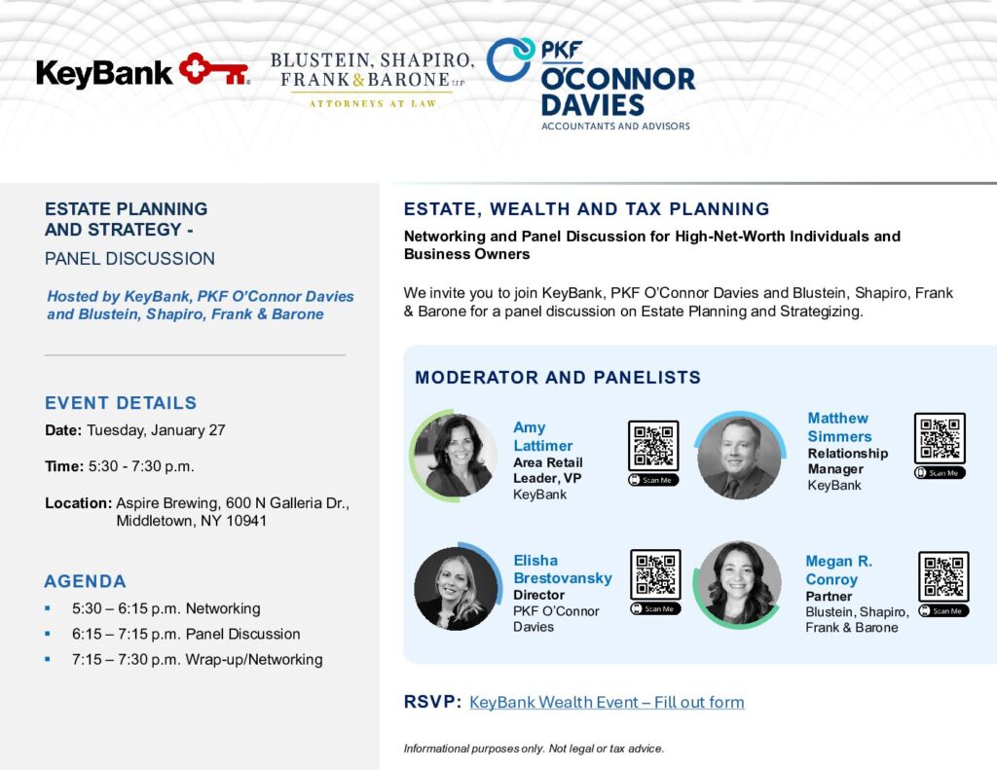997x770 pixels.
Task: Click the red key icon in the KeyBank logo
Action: pyautogui.click(x=213, y=69)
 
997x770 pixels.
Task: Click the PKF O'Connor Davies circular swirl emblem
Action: pyautogui.click(x=510, y=59)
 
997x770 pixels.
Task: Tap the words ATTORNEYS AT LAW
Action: pyautogui.click(x=373, y=103)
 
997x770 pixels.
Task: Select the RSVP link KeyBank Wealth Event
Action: pyautogui.click(x=607, y=702)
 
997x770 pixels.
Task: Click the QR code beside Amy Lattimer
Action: pyautogui.click(x=653, y=445)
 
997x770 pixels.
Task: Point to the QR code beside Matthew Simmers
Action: pyautogui.click(x=940, y=438)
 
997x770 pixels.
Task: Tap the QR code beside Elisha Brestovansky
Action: pyautogui.click(x=655, y=574)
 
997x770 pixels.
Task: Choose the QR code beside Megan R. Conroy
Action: pyautogui.click(x=943, y=576)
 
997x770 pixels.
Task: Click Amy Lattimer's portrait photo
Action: pyautogui.click(x=454, y=456)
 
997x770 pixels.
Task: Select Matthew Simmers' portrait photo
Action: pyautogui.click(x=739, y=456)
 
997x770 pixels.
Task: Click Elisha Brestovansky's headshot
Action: pyautogui.click(x=457, y=587)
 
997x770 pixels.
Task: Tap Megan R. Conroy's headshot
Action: pyautogui.click(x=738, y=584)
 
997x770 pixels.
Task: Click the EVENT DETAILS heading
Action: pyautogui.click(x=121, y=402)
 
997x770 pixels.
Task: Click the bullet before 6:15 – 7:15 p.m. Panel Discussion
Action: pyautogui.click(x=48, y=634)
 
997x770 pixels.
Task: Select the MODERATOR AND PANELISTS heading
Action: pyautogui.click(x=558, y=377)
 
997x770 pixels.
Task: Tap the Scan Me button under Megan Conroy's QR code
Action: pyautogui.click(x=943, y=611)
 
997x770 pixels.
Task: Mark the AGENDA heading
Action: pyautogui.click(x=86, y=581)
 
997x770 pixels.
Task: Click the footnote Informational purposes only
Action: pyautogui.click(x=534, y=749)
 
